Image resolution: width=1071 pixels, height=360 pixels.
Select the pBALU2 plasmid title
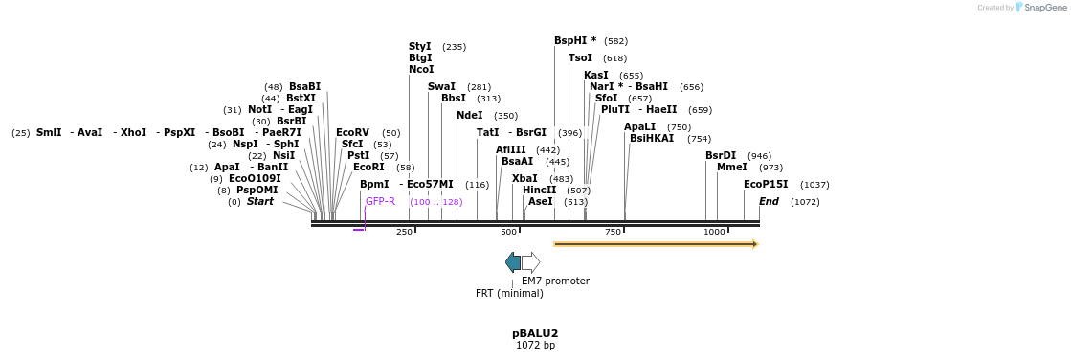535,334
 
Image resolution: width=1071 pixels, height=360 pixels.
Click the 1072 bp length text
535,346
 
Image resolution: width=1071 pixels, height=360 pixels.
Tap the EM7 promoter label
555,281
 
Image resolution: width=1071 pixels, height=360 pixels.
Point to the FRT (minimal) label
510,294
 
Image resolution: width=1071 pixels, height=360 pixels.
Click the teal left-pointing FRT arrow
513,262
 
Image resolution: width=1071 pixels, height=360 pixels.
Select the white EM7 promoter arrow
530,262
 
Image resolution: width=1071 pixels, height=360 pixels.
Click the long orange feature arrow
656,244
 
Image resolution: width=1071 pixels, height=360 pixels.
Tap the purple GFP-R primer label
380,202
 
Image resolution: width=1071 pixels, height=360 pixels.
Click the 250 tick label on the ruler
404,233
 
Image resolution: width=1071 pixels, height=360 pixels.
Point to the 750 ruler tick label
613,233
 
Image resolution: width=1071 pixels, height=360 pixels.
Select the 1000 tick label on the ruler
714,233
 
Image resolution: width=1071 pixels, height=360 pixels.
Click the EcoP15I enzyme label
766,185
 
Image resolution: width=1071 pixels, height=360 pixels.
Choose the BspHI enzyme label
574,41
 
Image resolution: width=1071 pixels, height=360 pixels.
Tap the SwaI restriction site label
441,87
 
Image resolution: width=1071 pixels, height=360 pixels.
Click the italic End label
769,202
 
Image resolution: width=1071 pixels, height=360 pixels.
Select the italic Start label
260,202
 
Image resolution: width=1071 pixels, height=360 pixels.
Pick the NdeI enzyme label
470,116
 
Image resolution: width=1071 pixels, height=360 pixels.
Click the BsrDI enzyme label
721,156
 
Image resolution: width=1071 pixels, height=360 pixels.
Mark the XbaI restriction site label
524,179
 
